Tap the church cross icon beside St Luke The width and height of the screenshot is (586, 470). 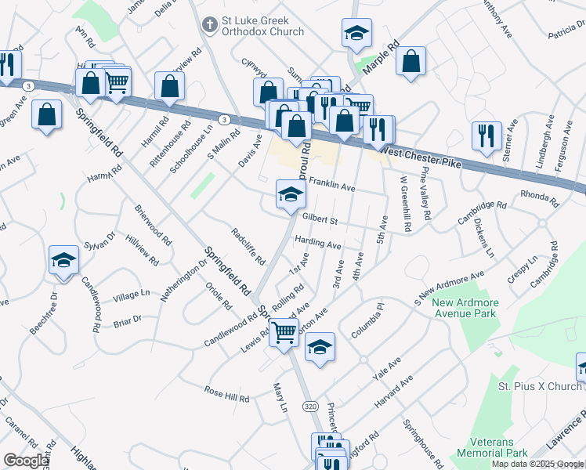coord(209,25)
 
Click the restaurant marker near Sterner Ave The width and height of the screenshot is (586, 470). coord(487,135)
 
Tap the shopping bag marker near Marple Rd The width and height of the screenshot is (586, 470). coord(411,61)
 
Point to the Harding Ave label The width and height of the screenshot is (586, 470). coord(317,244)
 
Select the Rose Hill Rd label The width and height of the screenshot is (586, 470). coord(226,395)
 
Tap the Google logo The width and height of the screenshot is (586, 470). coord(25,461)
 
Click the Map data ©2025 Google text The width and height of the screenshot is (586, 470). coord(537,464)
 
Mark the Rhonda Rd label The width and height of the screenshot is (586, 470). coord(541,199)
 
